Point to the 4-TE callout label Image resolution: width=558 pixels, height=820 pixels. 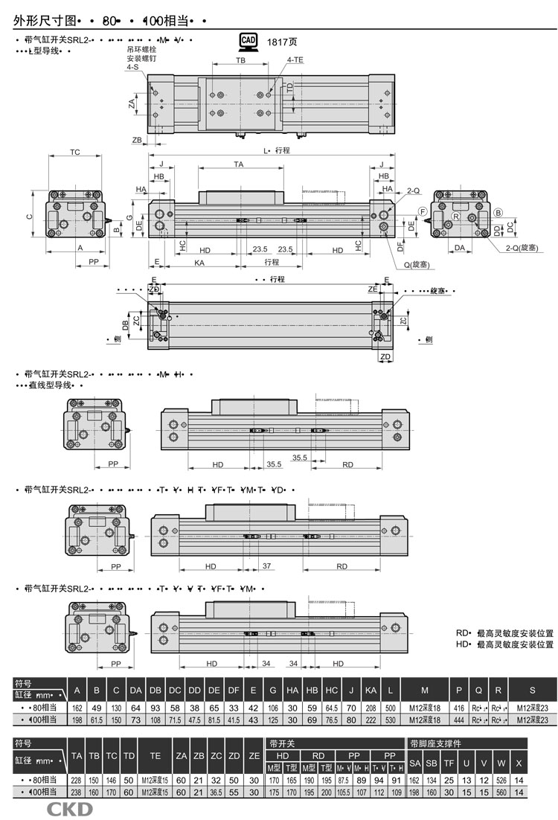click(x=294, y=59)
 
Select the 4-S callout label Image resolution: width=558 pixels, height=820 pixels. click(x=132, y=67)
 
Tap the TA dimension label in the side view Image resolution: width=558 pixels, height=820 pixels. click(x=239, y=163)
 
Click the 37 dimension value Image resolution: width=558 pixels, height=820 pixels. click(x=266, y=566)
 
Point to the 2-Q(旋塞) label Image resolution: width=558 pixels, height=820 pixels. click(x=521, y=247)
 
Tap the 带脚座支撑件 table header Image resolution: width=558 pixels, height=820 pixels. click(x=436, y=743)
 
